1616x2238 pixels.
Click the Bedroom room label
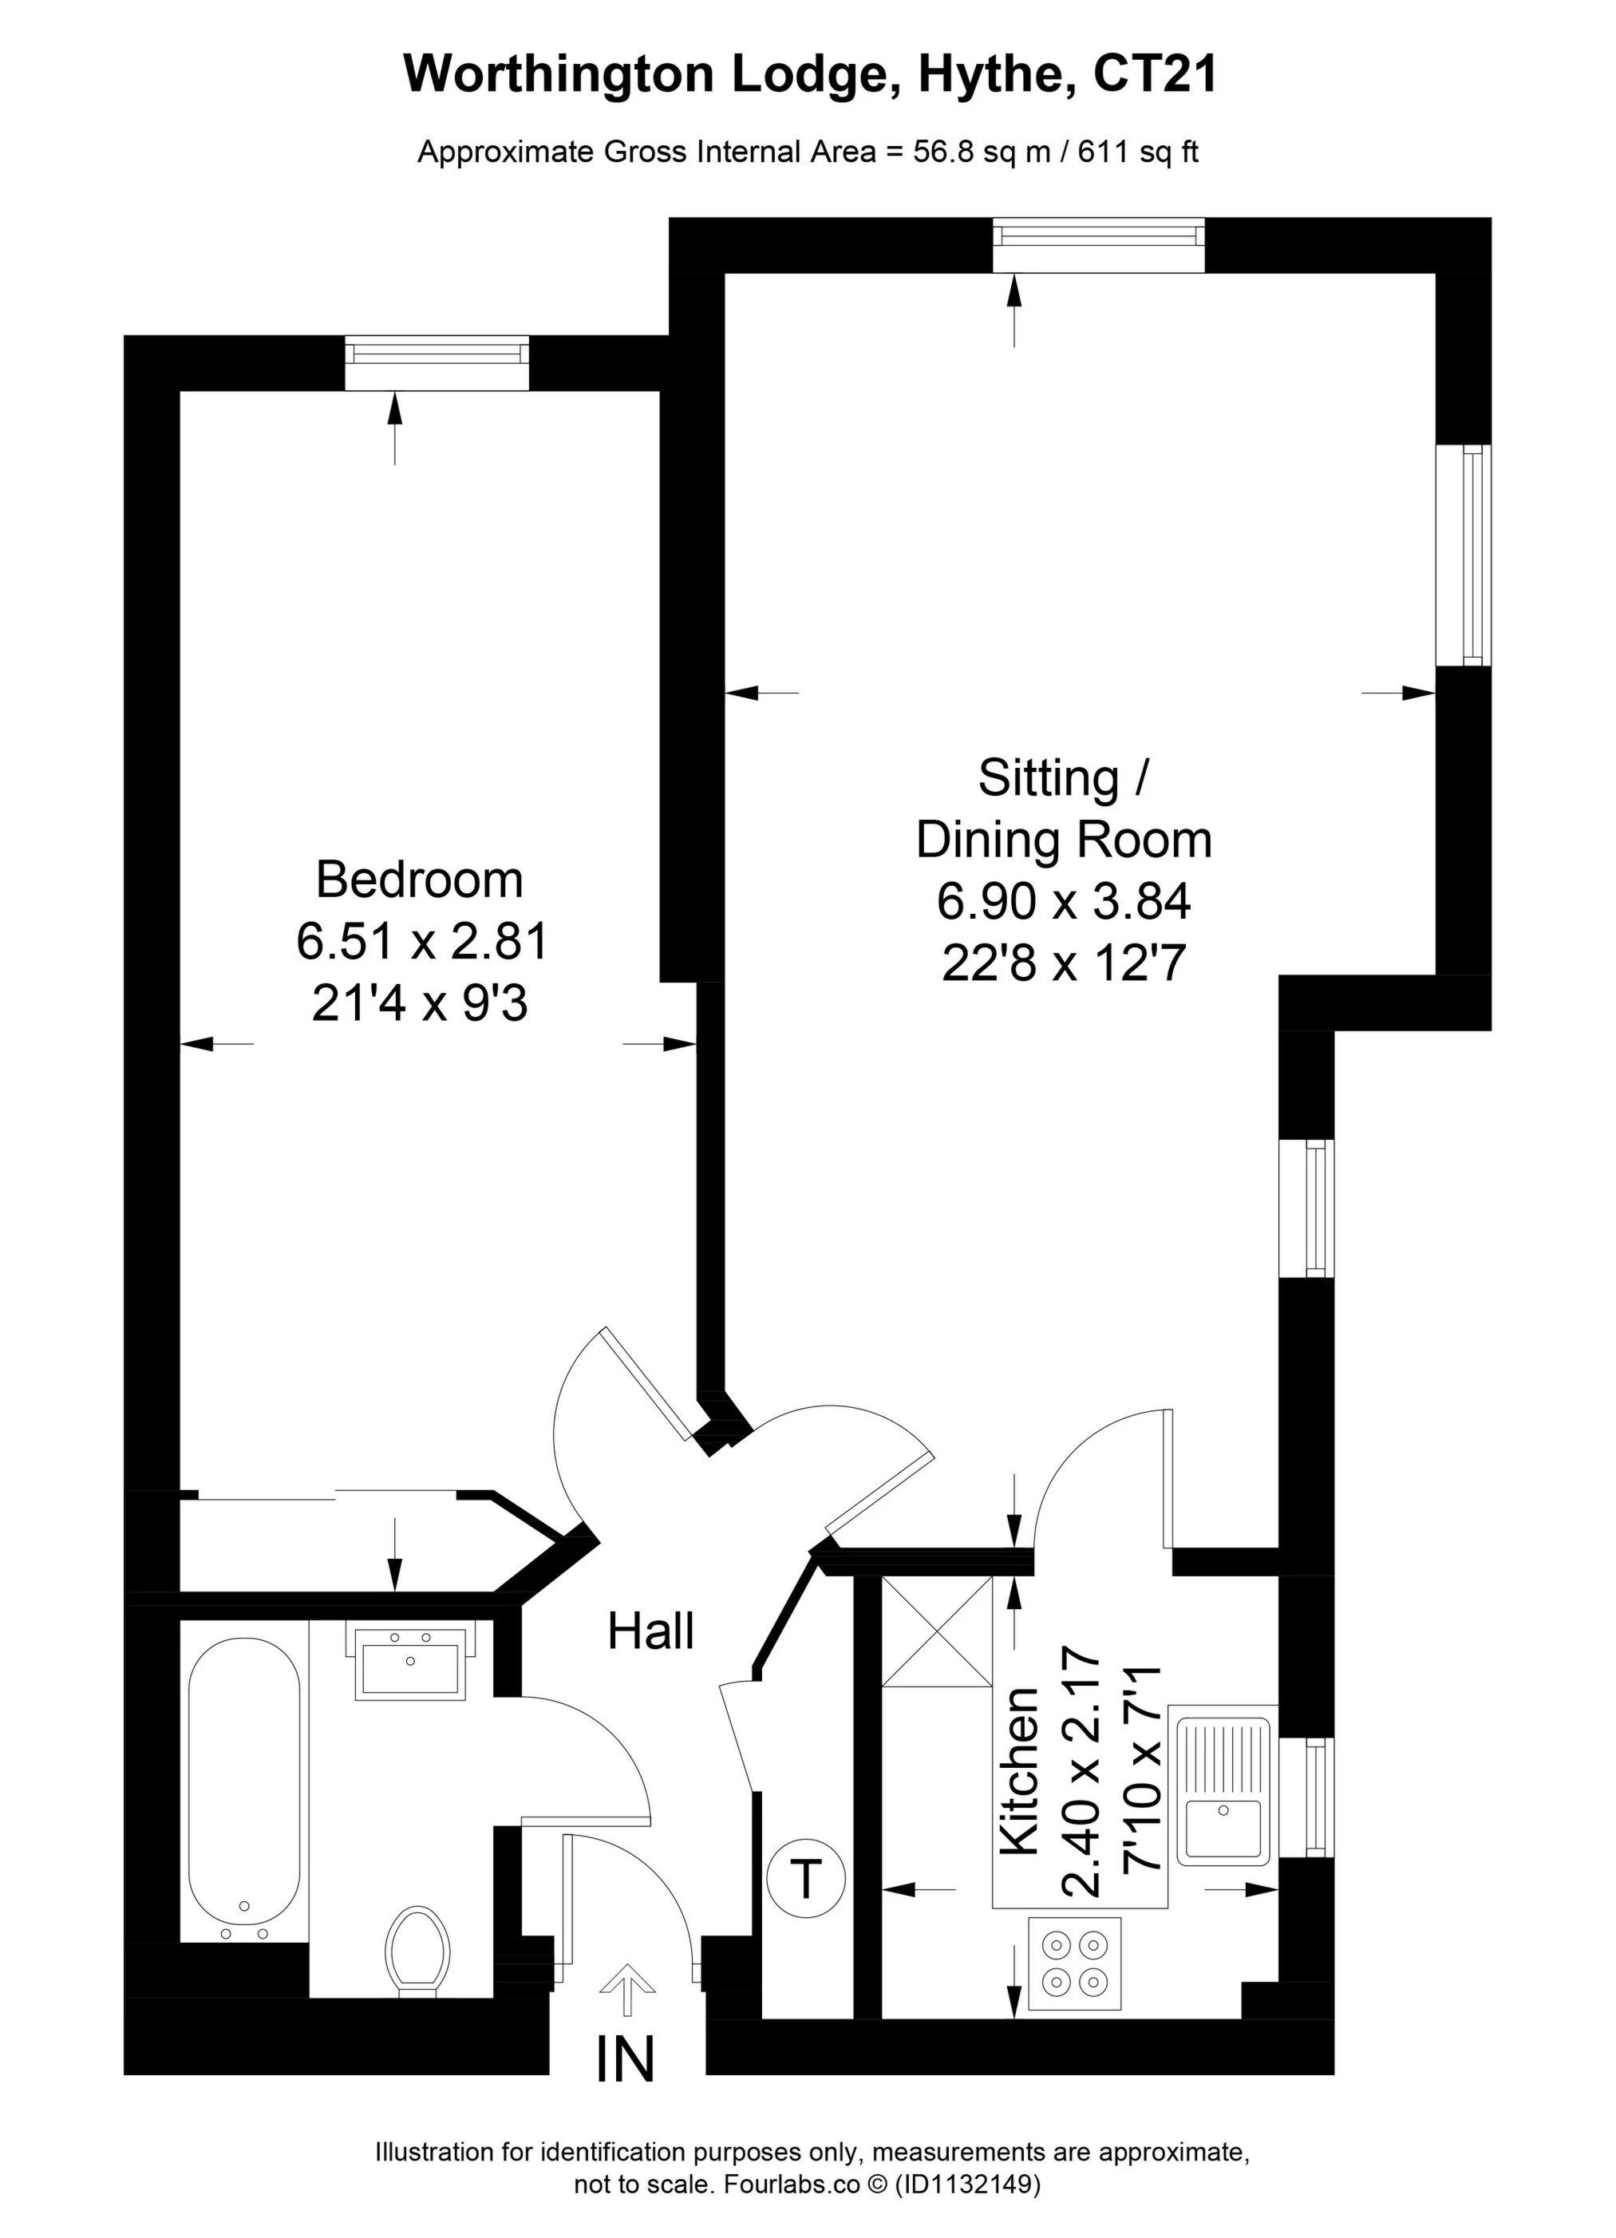point(419,880)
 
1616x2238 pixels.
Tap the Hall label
point(650,1631)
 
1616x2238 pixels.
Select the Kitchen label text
point(1020,1770)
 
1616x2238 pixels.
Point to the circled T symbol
point(805,1878)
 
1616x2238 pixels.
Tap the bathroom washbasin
point(409,1663)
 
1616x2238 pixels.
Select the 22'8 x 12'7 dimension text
point(1062,963)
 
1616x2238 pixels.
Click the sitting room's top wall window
point(1098,245)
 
